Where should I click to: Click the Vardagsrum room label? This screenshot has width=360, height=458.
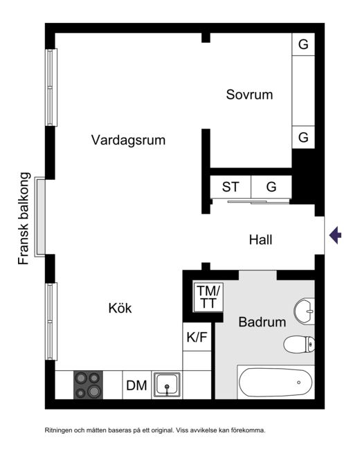click(x=128, y=140)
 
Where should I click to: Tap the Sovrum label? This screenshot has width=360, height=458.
click(x=249, y=95)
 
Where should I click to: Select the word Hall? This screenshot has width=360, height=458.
click(x=260, y=239)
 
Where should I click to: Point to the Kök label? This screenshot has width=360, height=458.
click(x=120, y=308)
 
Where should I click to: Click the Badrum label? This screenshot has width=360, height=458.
click(x=262, y=322)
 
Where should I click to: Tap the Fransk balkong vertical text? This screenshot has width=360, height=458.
click(x=24, y=219)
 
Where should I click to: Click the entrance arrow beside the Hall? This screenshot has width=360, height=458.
click(x=336, y=235)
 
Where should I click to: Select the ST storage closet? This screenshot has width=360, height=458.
click(x=231, y=187)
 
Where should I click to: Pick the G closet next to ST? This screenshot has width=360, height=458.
click(x=271, y=187)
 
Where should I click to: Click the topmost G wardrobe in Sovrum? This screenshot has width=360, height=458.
click(x=303, y=44)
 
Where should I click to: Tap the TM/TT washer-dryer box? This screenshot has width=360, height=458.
click(x=208, y=297)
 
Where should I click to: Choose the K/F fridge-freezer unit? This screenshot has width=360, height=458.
click(x=197, y=337)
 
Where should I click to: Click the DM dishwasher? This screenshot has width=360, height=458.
click(x=137, y=385)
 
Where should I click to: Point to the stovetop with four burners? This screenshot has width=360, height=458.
click(x=88, y=385)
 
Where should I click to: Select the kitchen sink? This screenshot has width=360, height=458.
click(x=167, y=385)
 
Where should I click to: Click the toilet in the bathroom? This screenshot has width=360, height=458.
click(x=299, y=344)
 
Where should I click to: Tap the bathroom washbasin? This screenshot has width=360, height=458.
click(x=304, y=311)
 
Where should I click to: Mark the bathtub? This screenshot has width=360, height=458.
click(x=276, y=382)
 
